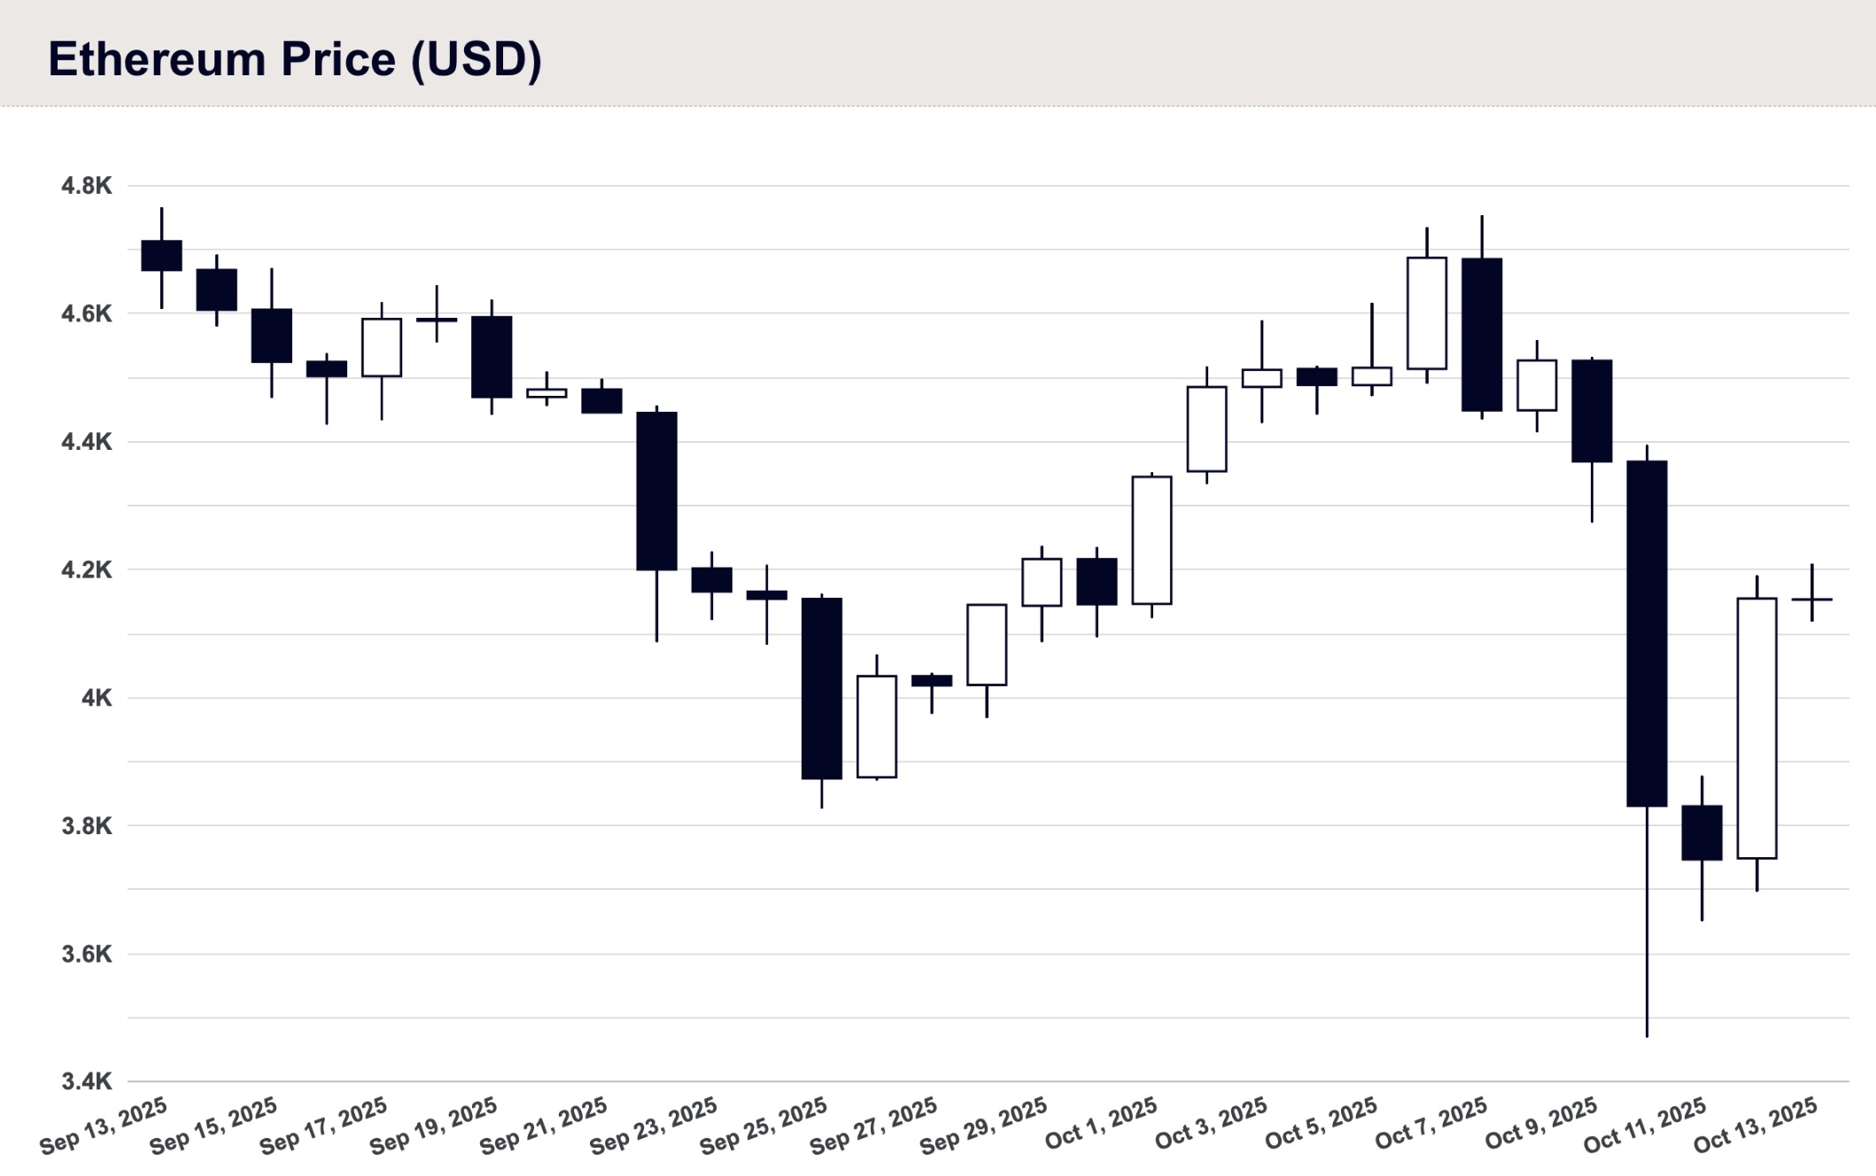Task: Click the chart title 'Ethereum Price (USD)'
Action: coord(294,59)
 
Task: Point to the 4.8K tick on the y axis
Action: coord(86,186)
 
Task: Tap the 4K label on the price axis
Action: coord(97,698)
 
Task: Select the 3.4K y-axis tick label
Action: coord(86,1081)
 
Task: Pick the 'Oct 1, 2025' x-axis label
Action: coord(1101,1123)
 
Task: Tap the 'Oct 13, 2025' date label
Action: coord(1756,1125)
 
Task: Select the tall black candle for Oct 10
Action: coord(1647,633)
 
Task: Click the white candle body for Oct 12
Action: coord(1756,728)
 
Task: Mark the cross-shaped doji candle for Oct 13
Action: coord(1811,600)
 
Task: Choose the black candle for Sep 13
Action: coord(161,255)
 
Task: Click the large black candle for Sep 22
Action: coord(656,491)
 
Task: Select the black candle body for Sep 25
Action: coord(822,688)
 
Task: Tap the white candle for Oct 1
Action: coord(1151,540)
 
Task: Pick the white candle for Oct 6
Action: coord(1426,313)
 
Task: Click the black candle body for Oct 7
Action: coord(1482,334)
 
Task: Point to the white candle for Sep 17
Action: coord(382,347)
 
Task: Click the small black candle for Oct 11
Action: coord(1702,832)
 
